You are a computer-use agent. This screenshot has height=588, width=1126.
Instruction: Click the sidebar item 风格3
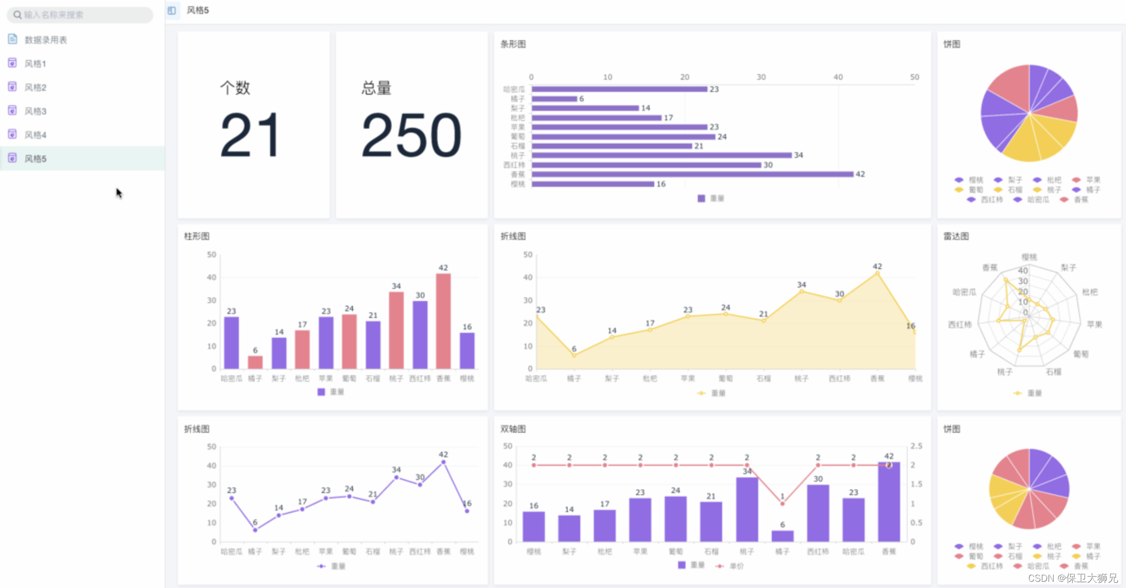(35, 111)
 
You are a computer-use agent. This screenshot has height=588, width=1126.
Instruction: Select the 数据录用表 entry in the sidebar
(46, 40)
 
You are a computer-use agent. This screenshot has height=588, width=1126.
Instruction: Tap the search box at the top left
(80, 15)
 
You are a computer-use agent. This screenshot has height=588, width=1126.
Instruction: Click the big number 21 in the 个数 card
(250, 135)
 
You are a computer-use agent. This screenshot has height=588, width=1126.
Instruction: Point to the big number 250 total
(411, 135)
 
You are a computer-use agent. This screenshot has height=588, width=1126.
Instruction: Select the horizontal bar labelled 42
(692, 174)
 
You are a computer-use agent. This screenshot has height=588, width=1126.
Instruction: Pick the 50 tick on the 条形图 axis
(914, 77)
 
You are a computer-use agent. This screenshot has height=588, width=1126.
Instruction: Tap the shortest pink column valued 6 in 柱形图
(255, 362)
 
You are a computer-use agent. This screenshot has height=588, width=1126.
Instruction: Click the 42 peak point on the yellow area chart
(877, 273)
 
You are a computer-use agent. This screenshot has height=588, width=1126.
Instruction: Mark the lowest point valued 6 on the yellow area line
(574, 355)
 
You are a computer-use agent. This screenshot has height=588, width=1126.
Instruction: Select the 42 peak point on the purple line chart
(443, 462)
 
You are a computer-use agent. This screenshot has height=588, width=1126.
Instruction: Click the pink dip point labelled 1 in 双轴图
(782, 503)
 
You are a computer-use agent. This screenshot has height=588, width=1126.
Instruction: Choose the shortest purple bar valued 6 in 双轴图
(782, 536)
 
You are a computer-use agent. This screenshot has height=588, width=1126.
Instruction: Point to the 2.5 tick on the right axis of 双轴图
(916, 446)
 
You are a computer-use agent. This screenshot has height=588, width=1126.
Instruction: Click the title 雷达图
(955, 236)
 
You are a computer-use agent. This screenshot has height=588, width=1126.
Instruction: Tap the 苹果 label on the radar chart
(1094, 324)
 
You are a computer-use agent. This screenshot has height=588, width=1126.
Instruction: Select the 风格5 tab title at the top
(198, 10)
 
